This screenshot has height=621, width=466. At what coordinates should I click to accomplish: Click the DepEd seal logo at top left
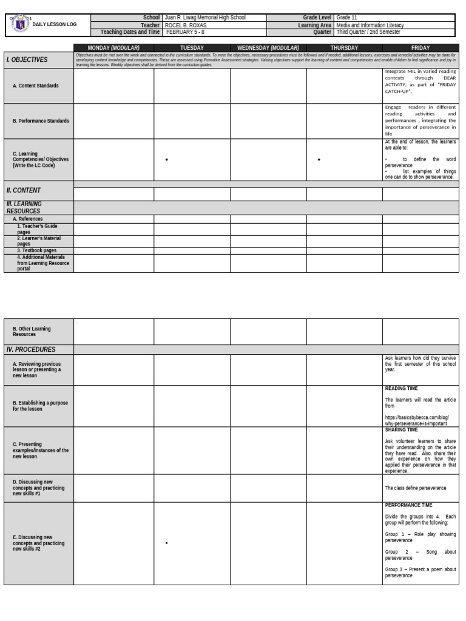pos(20,24)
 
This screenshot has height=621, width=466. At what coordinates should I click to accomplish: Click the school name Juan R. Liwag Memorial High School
pos(205,18)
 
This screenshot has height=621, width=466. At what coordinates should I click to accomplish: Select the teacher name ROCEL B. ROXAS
pos(186,25)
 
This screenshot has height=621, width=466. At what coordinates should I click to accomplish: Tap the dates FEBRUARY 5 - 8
pos(184,32)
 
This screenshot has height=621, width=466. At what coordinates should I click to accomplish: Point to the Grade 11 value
pos(346,18)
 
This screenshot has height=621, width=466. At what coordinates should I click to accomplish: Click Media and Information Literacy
pos(370,25)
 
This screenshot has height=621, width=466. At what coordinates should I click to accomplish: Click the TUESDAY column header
pos(192,47)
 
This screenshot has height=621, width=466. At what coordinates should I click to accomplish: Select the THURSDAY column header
pos(344,47)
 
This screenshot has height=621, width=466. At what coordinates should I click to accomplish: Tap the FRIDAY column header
pos(420,47)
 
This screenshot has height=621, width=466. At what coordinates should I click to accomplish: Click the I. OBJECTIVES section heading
pos(27,60)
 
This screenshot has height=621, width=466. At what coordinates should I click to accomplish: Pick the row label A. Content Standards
pos(36,86)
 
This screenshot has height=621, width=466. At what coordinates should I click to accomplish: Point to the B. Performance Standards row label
pos(41,121)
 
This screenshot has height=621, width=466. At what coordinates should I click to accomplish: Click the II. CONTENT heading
pos(24,190)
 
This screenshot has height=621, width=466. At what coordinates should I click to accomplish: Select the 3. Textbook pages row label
pos(36,250)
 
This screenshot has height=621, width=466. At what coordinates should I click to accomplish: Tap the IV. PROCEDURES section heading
pos(31,349)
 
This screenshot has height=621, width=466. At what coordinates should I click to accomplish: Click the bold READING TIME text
pos(401,389)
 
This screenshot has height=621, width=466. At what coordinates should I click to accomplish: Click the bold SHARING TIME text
pos(401,430)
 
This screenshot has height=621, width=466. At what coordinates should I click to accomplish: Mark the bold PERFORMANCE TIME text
pos(408,505)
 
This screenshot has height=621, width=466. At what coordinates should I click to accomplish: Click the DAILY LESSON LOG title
pos(55,25)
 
